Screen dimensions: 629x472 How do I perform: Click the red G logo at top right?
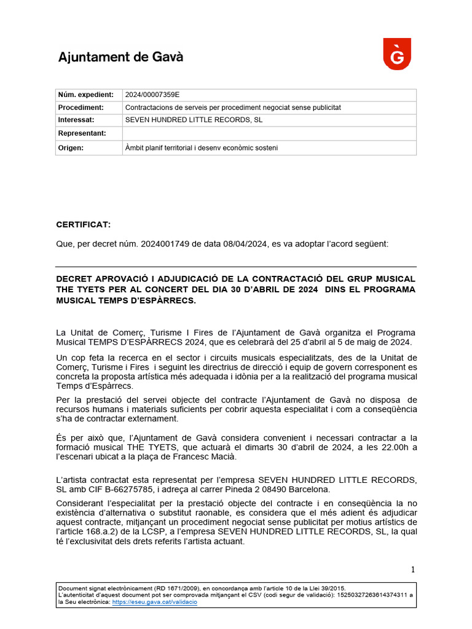coord(397,54)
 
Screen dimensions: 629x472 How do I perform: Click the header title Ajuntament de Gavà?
coord(120,57)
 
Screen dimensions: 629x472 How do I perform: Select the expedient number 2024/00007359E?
coord(152,95)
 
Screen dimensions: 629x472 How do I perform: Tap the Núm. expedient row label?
coord(86,95)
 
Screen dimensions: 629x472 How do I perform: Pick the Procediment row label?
coord(81,107)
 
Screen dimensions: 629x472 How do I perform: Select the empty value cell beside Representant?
coord(269,133)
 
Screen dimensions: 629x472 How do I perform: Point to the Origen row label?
coord(71,148)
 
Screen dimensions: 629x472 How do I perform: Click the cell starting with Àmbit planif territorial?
coord(202,148)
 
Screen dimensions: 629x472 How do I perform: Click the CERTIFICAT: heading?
coord(84,225)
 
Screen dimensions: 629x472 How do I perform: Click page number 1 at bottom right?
coord(413,569)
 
